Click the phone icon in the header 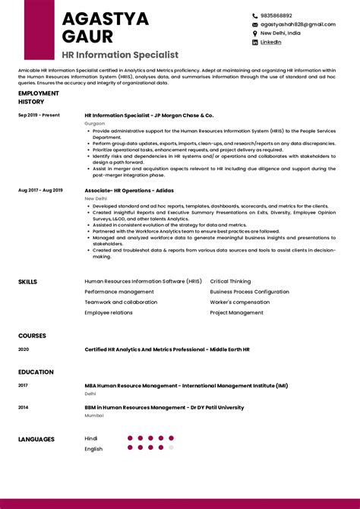point(255,15)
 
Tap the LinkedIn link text point(271,43)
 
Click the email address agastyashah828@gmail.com point(298,24)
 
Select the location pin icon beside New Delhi point(255,33)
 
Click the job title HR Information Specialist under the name point(120,55)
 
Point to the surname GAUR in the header point(87,36)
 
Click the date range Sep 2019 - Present point(39,115)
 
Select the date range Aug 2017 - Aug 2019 point(40,190)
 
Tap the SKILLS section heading point(27,282)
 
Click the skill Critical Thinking point(230,281)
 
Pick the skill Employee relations point(109,312)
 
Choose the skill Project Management point(236,312)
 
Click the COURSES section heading point(32,335)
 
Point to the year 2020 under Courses point(24,349)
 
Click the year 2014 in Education point(23,407)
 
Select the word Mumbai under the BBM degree point(94,416)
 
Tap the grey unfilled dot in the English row point(172,447)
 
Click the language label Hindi point(91,438)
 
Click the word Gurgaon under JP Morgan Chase point(95,123)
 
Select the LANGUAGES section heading point(36,439)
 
